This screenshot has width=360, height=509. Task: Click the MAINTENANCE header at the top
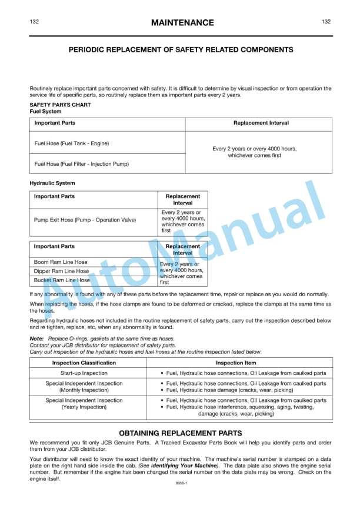pyautogui.click(x=182, y=23)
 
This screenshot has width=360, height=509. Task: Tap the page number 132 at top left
pyautogui.click(x=34, y=22)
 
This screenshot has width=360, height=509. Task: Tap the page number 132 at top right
pyautogui.click(x=326, y=22)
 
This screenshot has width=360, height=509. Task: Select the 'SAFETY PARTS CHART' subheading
pyautogui.click(x=60, y=105)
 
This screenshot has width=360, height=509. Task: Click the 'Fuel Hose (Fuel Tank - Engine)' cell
pyautogui.click(x=72, y=143)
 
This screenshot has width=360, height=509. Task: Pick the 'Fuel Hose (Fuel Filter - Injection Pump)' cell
pyautogui.click(x=82, y=164)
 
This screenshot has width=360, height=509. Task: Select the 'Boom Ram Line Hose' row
pyautogui.click(x=61, y=262)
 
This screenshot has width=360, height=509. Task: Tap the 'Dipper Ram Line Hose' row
pyautogui.click(x=62, y=272)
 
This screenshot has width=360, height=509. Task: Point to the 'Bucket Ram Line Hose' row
pyautogui.click(x=62, y=281)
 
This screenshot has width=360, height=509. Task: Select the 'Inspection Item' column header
pyautogui.click(x=244, y=363)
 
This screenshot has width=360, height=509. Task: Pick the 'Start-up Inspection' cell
pyautogui.click(x=84, y=373)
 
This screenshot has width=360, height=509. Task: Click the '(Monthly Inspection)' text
pyautogui.click(x=84, y=390)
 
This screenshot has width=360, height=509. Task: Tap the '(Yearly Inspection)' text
pyautogui.click(x=84, y=407)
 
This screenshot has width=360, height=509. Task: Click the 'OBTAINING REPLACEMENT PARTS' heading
pyautogui.click(x=181, y=433)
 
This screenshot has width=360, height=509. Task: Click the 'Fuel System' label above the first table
pyautogui.click(x=45, y=111)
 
